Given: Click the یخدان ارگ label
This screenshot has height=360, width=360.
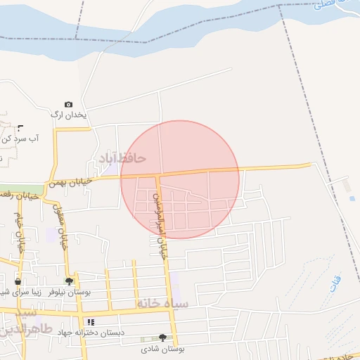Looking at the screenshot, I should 70,114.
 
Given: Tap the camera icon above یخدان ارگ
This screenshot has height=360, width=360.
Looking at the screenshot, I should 68,104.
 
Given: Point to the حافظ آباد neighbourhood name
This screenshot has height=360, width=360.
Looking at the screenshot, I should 122,158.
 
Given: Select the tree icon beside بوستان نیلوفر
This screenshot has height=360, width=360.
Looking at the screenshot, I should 69,281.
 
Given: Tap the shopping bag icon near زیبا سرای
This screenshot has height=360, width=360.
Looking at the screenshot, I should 18,281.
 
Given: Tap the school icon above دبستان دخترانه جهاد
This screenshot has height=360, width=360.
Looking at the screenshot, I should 91,322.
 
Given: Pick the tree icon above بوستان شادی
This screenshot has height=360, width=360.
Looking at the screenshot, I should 163,337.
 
